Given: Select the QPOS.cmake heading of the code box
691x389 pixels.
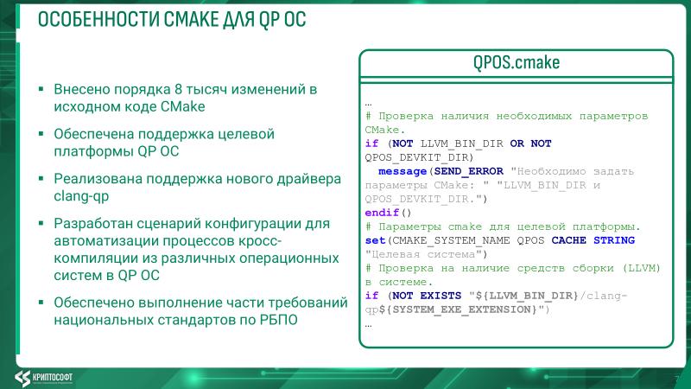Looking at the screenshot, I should tap(516, 63).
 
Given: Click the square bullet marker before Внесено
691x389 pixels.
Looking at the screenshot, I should tap(41, 90).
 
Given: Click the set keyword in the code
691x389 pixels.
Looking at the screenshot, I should tap(376, 240).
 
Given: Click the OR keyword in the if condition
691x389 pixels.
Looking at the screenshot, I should tap(517, 143).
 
